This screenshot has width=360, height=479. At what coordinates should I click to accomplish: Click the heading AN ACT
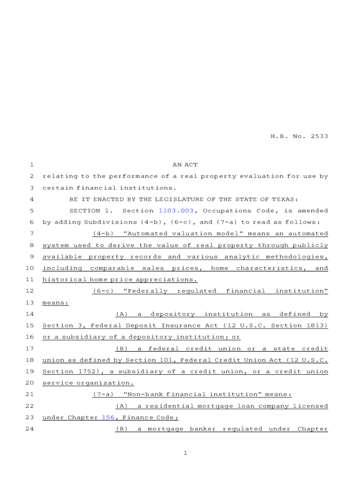(185, 165)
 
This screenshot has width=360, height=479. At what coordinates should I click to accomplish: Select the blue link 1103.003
(176, 210)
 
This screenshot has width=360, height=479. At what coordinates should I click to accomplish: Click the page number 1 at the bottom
(185, 453)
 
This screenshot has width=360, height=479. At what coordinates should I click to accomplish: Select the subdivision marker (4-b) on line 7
(103, 233)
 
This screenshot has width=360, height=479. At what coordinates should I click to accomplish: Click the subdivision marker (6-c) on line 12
(103, 291)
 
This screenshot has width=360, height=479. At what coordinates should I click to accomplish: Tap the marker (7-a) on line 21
(103, 394)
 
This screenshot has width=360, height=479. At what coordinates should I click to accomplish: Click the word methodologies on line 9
(297, 256)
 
